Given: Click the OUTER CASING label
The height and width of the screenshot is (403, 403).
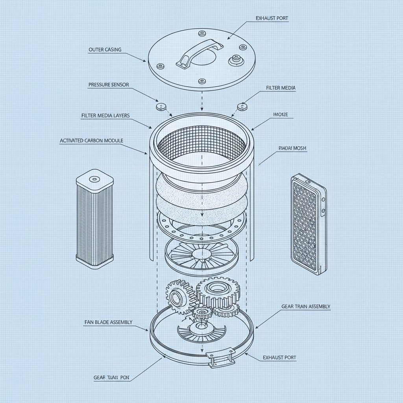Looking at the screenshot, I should [x=105, y=50].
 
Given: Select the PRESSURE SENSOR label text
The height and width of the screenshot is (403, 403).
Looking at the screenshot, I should [x=109, y=85].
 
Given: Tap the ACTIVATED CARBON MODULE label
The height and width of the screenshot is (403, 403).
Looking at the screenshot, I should [x=91, y=140].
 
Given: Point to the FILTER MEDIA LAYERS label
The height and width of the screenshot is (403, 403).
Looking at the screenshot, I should [x=105, y=116].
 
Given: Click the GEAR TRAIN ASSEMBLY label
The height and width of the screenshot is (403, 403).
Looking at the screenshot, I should [x=306, y=306].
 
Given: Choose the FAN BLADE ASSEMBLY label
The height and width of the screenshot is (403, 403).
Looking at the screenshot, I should [x=108, y=322].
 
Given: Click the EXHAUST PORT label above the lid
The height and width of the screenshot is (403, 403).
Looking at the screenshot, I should [x=271, y=18].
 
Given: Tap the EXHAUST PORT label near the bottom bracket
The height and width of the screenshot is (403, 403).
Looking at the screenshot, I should [x=279, y=358].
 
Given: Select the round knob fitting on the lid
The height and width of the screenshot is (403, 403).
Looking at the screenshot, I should [x=235, y=60].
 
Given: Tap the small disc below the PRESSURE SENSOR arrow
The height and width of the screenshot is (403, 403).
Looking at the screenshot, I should [x=161, y=106].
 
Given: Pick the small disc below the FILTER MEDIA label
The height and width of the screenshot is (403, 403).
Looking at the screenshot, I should [x=241, y=106].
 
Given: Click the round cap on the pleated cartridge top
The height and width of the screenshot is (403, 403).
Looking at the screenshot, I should [x=94, y=179].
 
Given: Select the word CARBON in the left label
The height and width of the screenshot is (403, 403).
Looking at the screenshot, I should [x=95, y=140].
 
